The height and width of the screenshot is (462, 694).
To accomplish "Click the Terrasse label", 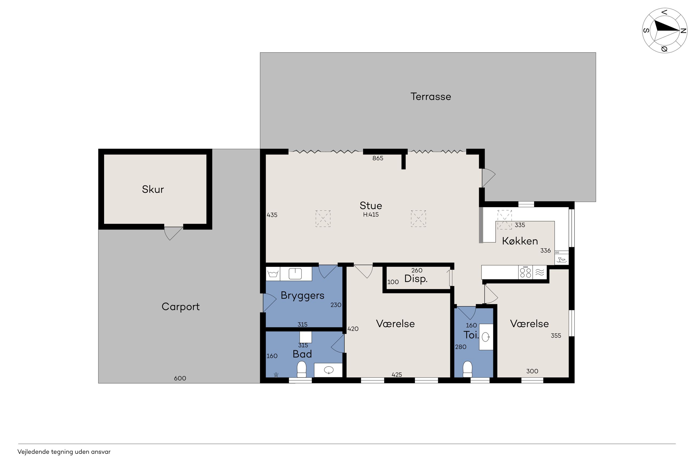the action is click(x=430, y=97).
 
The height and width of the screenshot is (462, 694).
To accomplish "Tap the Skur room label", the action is click(x=153, y=189).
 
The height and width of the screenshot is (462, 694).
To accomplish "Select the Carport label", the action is click(x=180, y=307).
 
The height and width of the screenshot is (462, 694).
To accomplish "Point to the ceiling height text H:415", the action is click(x=371, y=215).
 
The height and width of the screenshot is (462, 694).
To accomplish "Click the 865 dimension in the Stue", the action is click(x=378, y=158).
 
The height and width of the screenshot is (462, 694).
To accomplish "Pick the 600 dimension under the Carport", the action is click(x=180, y=378).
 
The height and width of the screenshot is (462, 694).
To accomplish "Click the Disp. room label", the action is click(x=416, y=279).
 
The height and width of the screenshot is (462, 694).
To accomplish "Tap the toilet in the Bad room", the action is click(x=301, y=369).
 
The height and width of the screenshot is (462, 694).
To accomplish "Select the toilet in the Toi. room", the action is click(x=467, y=369).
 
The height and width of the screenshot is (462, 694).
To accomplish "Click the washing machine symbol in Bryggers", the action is click(x=273, y=274).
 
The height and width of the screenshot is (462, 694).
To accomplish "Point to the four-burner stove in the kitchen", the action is click(x=526, y=272).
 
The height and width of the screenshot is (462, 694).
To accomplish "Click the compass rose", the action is click(x=665, y=31).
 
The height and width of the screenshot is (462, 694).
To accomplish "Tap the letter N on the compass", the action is click(x=683, y=31).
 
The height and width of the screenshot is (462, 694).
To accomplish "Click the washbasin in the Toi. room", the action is click(x=486, y=337).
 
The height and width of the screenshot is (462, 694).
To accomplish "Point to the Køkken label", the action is click(x=520, y=241).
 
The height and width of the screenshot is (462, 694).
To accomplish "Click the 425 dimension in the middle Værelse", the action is click(x=397, y=375).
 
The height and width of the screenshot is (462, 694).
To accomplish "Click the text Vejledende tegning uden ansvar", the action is click(x=64, y=452).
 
